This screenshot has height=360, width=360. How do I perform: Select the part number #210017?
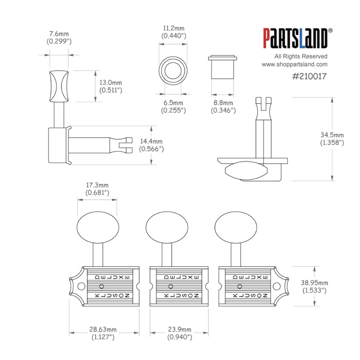coord(304,76)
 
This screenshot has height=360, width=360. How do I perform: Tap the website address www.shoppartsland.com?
coord(294,64)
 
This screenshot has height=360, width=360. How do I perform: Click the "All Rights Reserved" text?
coord(301,56)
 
